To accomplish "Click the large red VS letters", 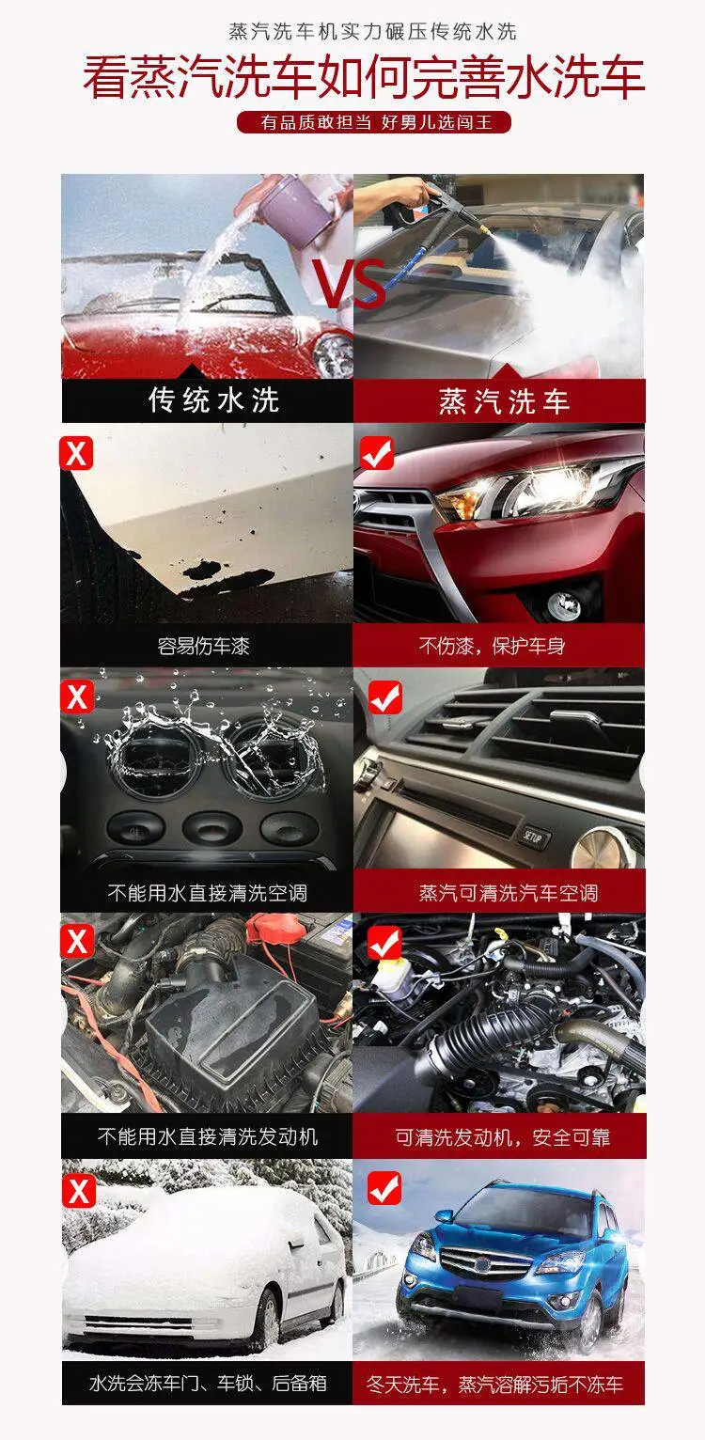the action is click(351, 284).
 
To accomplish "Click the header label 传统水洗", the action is click(214, 399).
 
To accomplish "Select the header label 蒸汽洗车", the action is click(504, 401).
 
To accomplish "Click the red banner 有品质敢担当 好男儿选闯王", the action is click(374, 122).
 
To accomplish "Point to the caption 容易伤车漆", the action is click(203, 646).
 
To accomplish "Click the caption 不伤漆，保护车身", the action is click(492, 646).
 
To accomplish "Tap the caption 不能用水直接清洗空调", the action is click(207, 892).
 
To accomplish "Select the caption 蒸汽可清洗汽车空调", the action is click(509, 892).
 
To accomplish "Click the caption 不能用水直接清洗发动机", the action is click(207, 1136).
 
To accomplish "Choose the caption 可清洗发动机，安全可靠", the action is click(503, 1136).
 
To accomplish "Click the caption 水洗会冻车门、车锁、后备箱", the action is click(208, 1382).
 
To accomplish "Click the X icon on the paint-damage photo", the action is click(76, 454).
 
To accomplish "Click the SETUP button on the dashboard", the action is click(533, 837).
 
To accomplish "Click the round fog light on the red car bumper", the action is click(564, 603).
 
